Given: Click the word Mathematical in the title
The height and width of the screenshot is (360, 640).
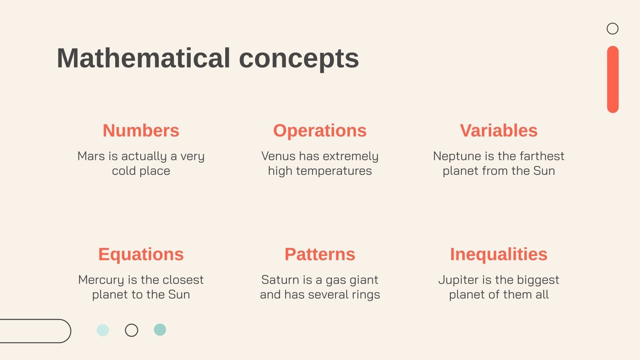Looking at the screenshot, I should pyautogui.click(x=143, y=58).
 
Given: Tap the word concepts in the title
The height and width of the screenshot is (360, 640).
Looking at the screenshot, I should pyautogui.click(x=299, y=58).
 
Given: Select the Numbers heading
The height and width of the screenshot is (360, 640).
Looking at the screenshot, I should pyautogui.click(x=141, y=131).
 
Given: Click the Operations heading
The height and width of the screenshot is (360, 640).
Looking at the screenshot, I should pyautogui.click(x=320, y=131).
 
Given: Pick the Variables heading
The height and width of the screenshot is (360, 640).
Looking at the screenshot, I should pyautogui.click(x=498, y=131).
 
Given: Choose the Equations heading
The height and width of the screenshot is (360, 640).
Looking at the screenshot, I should pyautogui.click(x=141, y=254).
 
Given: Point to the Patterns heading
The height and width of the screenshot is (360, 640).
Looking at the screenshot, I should pyautogui.click(x=320, y=254).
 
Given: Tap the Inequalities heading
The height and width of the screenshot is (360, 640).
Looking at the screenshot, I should pyautogui.click(x=498, y=254).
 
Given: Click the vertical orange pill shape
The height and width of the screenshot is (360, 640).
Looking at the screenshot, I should pyautogui.click(x=612, y=79).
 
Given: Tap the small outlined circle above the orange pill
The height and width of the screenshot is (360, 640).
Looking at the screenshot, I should pyautogui.click(x=612, y=29).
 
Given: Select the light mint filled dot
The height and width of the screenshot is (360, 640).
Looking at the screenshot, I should pyautogui.click(x=103, y=330).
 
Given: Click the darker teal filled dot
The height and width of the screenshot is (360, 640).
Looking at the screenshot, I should pyautogui.click(x=160, y=330).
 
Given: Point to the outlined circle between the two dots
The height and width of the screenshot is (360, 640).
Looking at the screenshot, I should pyautogui.click(x=132, y=330).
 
